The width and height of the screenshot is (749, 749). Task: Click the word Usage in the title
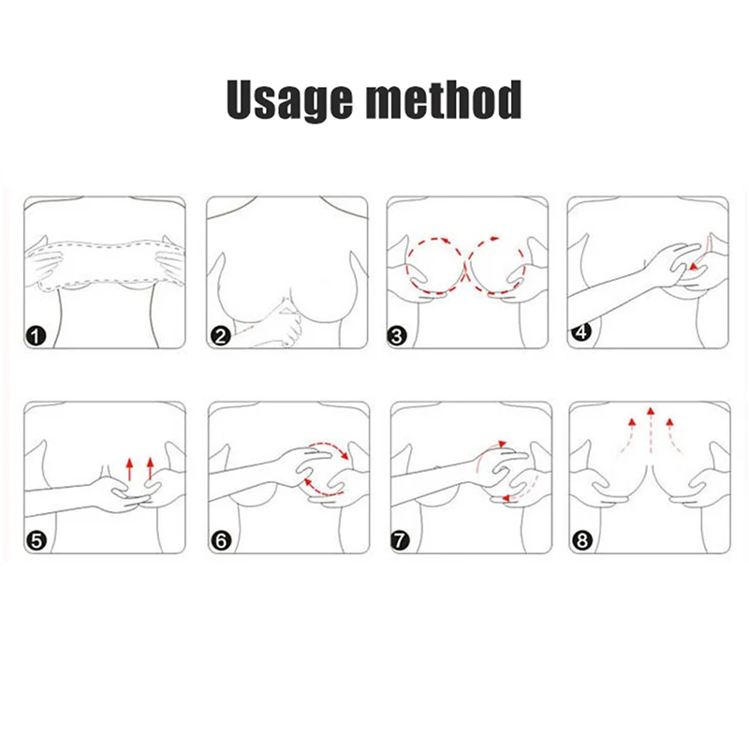pyautogui.click(x=289, y=99)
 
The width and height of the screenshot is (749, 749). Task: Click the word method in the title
pyautogui.click(x=443, y=99)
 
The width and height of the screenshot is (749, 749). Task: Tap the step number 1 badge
pyautogui.click(x=36, y=336)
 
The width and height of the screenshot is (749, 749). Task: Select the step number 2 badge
pyautogui.click(x=220, y=336)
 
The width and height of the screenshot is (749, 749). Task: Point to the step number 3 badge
pyautogui.click(x=397, y=336)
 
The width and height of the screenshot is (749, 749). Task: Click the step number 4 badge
pyautogui.click(x=580, y=331)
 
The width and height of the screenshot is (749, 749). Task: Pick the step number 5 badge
pyautogui.click(x=37, y=541)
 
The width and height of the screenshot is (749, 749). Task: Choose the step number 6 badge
pyautogui.click(x=221, y=541)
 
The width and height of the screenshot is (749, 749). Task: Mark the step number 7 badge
pyautogui.click(x=400, y=541)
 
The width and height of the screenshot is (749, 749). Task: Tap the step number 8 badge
pyautogui.click(x=581, y=541)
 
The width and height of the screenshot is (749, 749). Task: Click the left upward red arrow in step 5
pyautogui.click(x=129, y=469)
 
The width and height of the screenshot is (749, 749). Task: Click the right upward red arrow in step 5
pyautogui.click(x=150, y=468)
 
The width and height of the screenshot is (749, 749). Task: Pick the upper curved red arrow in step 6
pyautogui.click(x=330, y=447)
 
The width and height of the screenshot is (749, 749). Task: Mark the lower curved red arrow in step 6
pyautogui.click(x=320, y=491)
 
